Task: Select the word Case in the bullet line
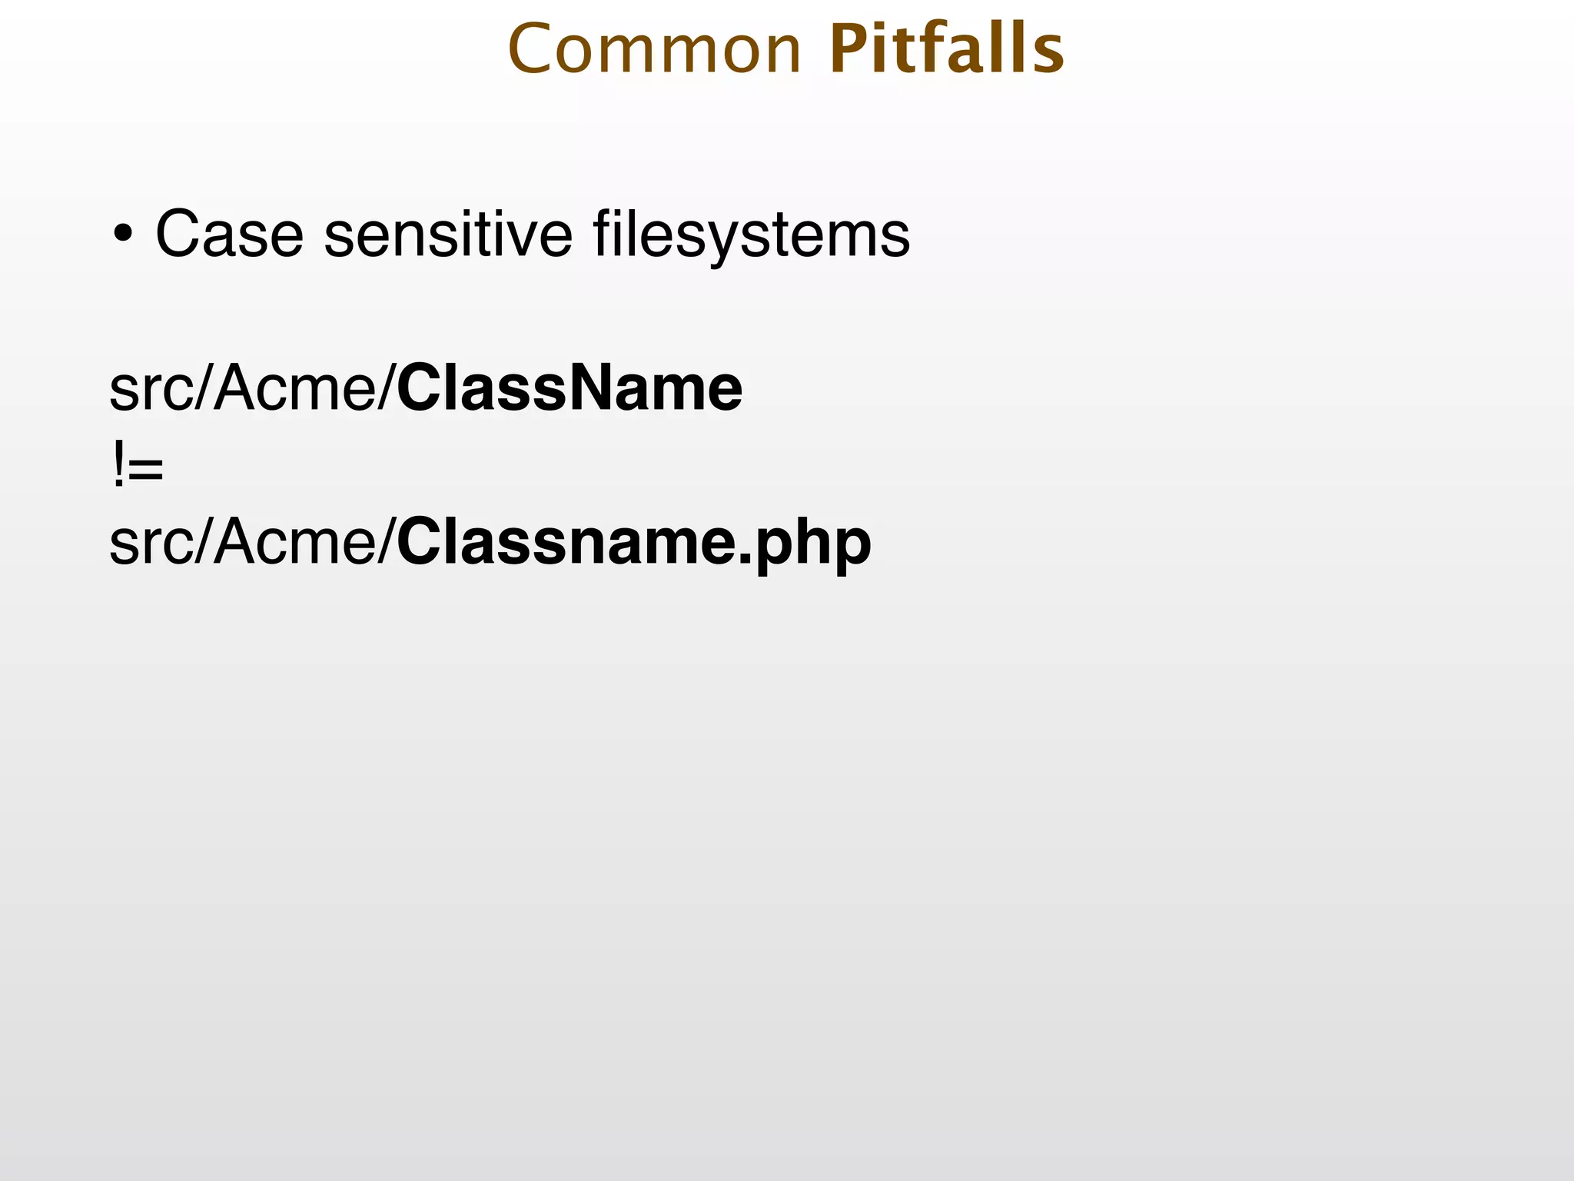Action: click(x=230, y=234)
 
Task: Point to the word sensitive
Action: click(x=448, y=234)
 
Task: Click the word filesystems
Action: click(x=751, y=235)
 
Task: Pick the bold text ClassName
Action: click(x=569, y=388)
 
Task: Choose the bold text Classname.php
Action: click(x=633, y=543)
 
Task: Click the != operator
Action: click(x=137, y=466)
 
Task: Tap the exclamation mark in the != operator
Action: click(x=118, y=466)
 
